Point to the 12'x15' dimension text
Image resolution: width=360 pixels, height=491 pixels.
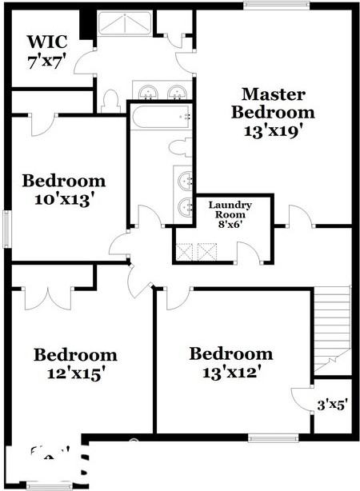[74, 373]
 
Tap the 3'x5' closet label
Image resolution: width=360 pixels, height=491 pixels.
[332, 405]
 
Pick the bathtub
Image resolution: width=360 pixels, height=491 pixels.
[161, 117]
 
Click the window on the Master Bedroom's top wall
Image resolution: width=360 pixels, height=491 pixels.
[278, 6]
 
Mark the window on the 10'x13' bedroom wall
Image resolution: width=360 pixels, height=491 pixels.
[6, 229]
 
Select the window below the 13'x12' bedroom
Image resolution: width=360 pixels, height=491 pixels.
[273, 437]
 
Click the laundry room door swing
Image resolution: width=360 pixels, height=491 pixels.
[249, 252]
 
